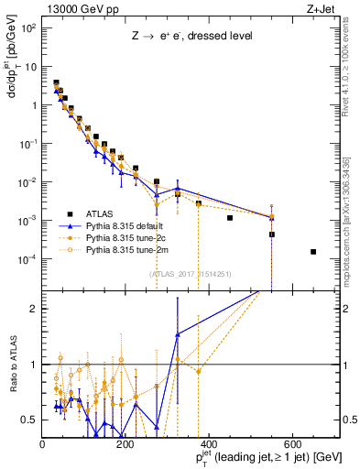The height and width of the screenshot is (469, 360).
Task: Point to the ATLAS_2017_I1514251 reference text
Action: [x=190, y=273]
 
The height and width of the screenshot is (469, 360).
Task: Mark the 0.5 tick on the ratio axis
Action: [x=31, y=420]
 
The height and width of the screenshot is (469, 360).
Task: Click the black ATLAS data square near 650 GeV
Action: [x=313, y=252]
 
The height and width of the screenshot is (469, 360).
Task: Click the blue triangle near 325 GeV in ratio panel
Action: [x=178, y=334]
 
